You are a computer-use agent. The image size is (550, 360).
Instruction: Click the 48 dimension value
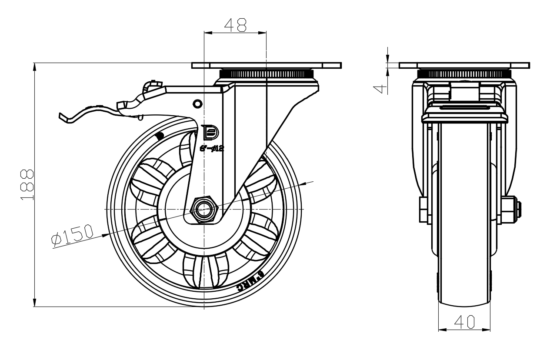(x=235, y=25)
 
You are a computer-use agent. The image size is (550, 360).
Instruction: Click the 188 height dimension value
(x=27, y=185)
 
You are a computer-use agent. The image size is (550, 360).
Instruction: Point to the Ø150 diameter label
(x=72, y=235)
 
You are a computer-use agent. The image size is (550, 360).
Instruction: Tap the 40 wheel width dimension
(x=464, y=322)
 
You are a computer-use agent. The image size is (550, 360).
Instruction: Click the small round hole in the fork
(x=197, y=103)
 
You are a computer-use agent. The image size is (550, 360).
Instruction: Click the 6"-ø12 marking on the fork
(x=212, y=148)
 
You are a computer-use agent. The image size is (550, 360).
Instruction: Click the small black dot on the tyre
(x=159, y=135)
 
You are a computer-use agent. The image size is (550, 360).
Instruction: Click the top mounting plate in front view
(x=464, y=66)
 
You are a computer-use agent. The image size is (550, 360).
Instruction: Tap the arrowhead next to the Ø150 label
(x=105, y=235)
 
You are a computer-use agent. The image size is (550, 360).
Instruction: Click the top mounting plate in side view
(x=266, y=66)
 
